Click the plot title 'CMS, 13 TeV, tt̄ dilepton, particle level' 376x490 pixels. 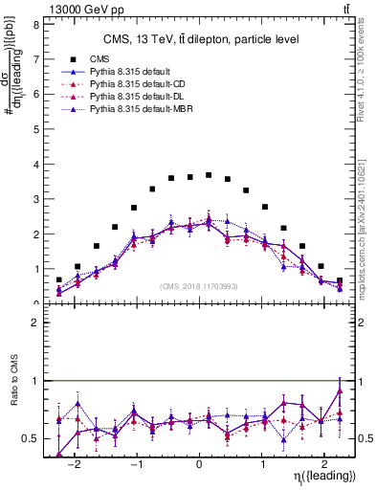point(200,39)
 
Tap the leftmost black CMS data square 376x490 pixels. point(59,280)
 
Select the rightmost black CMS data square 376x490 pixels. point(340,281)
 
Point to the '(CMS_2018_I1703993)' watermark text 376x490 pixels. point(200,286)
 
